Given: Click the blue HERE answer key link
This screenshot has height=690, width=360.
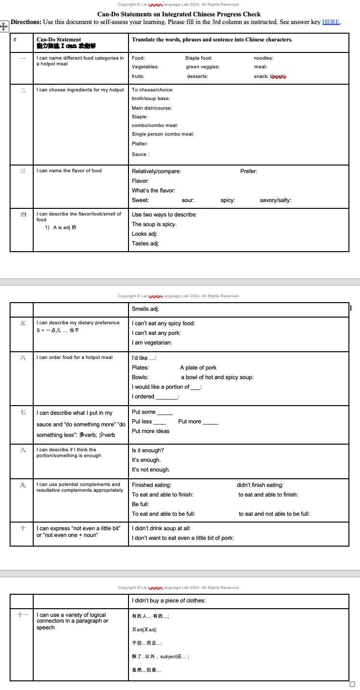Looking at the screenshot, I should [331, 22].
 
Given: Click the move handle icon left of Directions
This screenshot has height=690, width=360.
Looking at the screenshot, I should [5, 26].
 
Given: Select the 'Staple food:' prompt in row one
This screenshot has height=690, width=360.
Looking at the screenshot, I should [198, 58].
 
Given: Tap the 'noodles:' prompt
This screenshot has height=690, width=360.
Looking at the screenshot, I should [263, 58].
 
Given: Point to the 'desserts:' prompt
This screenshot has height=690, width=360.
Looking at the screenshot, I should [197, 77].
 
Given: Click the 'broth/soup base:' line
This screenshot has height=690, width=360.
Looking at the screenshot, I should [151, 99].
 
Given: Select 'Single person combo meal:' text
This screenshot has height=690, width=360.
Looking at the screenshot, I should [163, 134].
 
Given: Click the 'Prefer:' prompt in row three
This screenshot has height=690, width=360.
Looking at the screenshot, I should [248, 171].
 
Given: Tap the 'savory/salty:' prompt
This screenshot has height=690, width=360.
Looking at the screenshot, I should [275, 200].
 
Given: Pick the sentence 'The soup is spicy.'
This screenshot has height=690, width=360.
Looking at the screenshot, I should [154, 224].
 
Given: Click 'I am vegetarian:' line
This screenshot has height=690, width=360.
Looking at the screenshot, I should [152, 343].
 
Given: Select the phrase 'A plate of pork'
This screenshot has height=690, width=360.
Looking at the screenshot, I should [198, 368].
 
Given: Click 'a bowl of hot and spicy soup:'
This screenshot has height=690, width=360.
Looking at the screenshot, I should [217, 377].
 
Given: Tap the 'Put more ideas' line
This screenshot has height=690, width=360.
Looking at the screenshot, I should [151, 431].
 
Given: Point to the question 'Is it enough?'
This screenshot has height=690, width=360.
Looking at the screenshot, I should [148, 450].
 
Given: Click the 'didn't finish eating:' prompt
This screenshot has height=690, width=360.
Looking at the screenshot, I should [260, 485].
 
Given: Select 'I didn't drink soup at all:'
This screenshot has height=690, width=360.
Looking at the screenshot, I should [161, 528].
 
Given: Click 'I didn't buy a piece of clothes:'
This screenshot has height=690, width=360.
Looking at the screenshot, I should [168, 601].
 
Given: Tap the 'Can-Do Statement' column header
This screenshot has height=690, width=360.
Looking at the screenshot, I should [59, 39].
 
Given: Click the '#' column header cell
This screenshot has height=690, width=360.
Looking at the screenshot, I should [15, 39].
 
